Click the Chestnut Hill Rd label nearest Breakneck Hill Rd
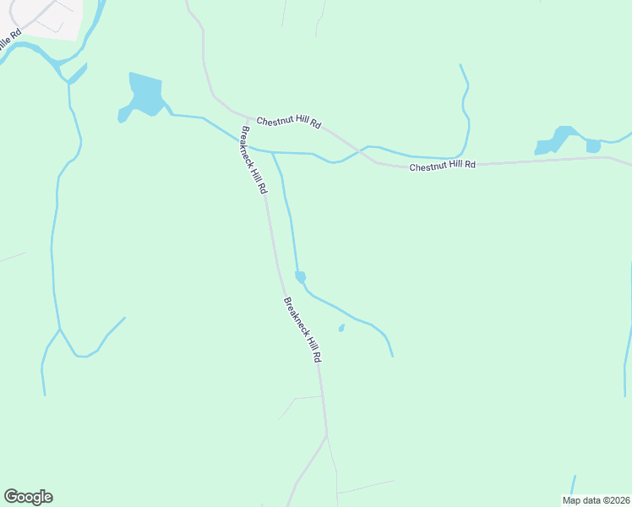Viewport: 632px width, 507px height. pyautogui.click(x=289, y=122)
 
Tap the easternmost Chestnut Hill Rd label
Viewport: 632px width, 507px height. pyautogui.click(x=442, y=166)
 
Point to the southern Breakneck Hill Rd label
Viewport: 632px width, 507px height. pyautogui.click(x=302, y=330)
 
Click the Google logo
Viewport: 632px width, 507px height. pyautogui.click(x=28, y=497)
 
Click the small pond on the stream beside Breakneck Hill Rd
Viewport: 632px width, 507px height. pyautogui.click(x=300, y=276)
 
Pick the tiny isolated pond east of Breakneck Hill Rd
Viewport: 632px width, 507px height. pyautogui.click(x=341, y=328)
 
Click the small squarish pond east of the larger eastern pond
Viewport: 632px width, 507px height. pyautogui.click(x=593, y=145)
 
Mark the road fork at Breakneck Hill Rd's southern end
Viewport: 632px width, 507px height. pyautogui.click(x=326, y=436)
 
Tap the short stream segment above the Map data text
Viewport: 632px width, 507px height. pyautogui.click(x=573, y=484)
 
